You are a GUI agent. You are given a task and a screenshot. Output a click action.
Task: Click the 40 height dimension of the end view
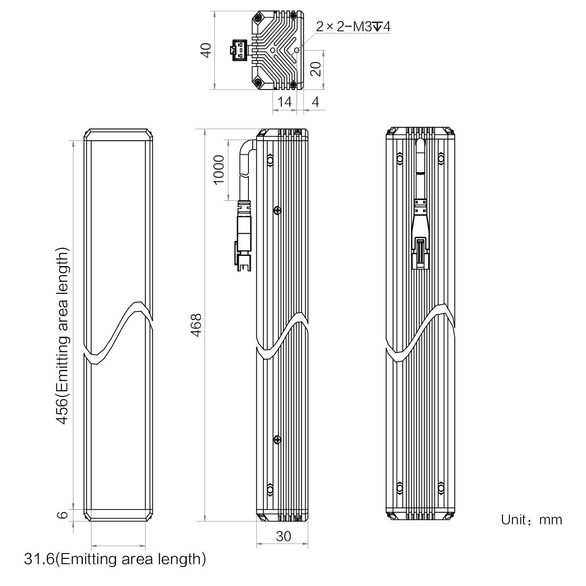click(x=207, y=50)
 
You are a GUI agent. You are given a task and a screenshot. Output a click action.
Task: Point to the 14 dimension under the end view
click(x=284, y=102)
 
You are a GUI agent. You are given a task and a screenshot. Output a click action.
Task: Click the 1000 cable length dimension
click(x=219, y=170)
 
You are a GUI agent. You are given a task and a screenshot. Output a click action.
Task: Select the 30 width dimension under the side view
click(x=283, y=536)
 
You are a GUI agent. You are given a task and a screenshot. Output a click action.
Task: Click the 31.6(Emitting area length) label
click(x=115, y=559)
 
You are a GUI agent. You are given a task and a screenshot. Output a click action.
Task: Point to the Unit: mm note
click(x=531, y=520)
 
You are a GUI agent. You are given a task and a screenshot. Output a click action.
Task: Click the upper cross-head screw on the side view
click(x=277, y=211)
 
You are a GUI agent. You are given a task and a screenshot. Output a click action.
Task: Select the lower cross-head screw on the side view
click(x=277, y=440)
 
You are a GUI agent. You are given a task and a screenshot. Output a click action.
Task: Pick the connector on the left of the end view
click(x=239, y=50)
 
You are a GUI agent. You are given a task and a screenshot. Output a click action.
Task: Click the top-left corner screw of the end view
click(x=258, y=18)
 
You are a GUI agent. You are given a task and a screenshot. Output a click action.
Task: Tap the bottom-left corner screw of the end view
click(x=258, y=82)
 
